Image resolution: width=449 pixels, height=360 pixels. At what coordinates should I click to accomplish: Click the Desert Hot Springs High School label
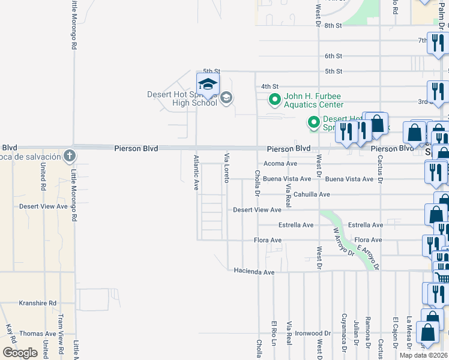click(181, 98)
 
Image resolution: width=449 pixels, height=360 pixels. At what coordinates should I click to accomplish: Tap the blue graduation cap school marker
click(208, 85)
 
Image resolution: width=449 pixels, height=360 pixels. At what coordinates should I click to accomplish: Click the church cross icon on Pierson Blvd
click(70, 156)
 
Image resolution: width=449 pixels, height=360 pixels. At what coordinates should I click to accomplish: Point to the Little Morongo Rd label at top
click(74, 24)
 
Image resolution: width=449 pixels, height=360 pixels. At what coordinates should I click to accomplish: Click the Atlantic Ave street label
click(196, 173)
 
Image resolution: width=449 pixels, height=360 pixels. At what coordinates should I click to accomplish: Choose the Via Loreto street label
click(227, 168)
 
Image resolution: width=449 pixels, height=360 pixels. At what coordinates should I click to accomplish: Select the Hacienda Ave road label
click(254, 272)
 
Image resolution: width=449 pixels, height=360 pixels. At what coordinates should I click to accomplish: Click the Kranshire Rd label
click(37, 304)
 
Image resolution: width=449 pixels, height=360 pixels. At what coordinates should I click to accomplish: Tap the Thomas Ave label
click(37, 334)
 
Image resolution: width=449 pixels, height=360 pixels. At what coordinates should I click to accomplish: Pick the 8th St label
click(333, 26)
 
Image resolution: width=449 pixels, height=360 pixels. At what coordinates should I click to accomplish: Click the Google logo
click(20, 353)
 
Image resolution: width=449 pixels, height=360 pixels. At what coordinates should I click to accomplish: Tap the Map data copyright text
click(423, 355)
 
